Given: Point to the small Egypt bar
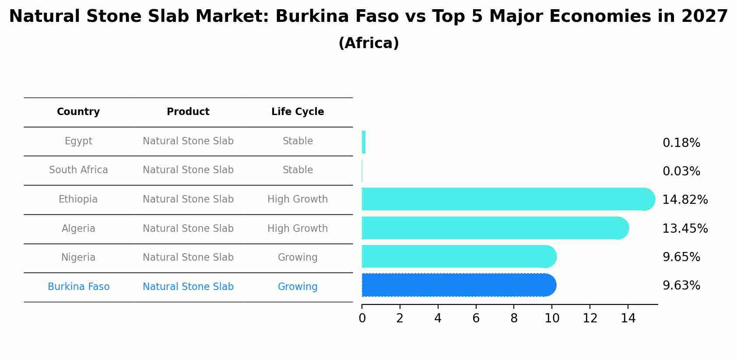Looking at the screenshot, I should pyautogui.click(x=364, y=142).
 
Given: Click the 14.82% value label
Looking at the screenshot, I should pyautogui.click(x=684, y=200).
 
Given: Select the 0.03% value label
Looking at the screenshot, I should pyautogui.click(x=681, y=171).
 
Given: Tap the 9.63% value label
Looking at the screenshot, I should pyautogui.click(x=681, y=286).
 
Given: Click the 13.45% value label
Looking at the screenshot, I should pyautogui.click(x=684, y=229).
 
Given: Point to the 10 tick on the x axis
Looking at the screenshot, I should pyautogui.click(x=552, y=318).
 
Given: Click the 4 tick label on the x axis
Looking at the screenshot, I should pyautogui.click(x=438, y=318).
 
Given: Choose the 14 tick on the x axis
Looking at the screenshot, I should pyautogui.click(x=628, y=318).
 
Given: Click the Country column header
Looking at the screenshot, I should pyautogui.click(x=78, y=112).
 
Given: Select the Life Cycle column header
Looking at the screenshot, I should pyautogui.click(x=298, y=112).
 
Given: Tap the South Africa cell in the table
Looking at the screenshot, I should pyautogui.click(x=78, y=170).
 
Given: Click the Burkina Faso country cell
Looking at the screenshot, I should pyautogui.click(x=78, y=287).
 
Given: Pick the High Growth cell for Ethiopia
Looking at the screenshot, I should pyautogui.click(x=298, y=199).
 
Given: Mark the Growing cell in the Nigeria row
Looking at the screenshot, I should pyautogui.click(x=298, y=258).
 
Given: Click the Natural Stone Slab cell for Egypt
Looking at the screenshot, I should pyautogui.click(x=188, y=141).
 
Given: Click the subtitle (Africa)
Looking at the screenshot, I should pyautogui.click(x=368, y=43).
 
